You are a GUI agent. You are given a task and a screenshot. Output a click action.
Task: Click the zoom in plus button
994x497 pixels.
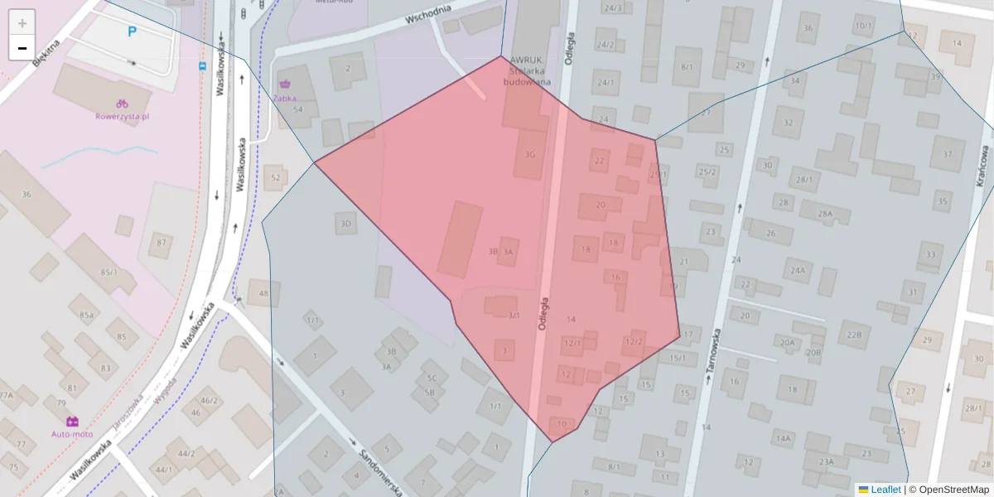(x=22, y=22)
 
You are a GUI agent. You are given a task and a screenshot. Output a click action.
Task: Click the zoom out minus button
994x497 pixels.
(x=22, y=48)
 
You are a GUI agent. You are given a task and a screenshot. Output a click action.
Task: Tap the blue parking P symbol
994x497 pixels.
(x=132, y=32)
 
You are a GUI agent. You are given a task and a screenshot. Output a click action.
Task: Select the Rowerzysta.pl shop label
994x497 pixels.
(x=122, y=117)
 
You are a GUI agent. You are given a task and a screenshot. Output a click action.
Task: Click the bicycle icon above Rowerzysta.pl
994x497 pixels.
(x=122, y=104)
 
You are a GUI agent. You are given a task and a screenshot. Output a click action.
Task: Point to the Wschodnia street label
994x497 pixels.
(x=428, y=14)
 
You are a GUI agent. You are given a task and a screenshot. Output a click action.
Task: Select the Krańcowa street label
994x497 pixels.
(x=983, y=166)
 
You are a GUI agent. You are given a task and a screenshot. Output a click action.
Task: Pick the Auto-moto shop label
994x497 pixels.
(x=72, y=433)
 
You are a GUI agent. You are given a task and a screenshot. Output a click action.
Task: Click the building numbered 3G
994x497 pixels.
(x=530, y=154)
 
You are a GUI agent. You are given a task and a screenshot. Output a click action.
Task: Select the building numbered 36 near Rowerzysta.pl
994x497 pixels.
(x=26, y=194)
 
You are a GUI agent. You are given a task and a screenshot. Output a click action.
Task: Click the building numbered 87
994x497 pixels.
(x=162, y=243)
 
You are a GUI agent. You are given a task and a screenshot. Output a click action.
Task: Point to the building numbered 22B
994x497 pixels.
(x=854, y=335)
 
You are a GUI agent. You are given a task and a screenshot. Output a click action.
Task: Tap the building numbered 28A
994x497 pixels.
(x=824, y=214)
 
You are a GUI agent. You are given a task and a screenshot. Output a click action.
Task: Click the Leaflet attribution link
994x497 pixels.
(x=885, y=490)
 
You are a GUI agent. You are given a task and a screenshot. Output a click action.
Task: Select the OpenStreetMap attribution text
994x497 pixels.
(x=948, y=490)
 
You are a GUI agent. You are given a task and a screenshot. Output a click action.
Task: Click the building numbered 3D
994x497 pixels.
(x=345, y=224)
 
